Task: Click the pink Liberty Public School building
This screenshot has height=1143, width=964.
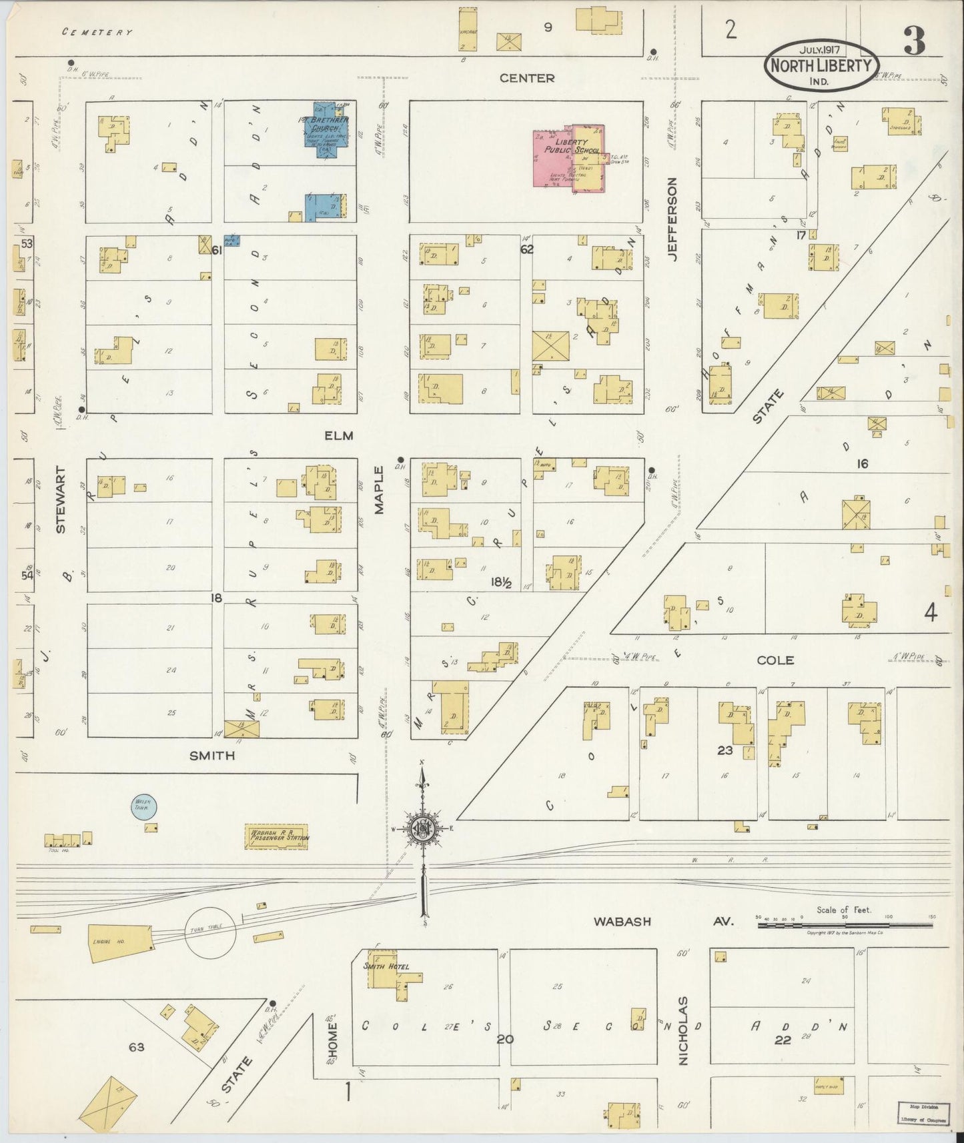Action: coord(568,159)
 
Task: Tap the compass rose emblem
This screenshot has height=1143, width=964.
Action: coord(424,829)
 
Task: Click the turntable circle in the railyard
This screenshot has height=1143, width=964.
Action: coord(209,932)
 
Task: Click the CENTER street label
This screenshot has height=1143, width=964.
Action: coord(527,78)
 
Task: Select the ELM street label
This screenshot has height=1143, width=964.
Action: coord(338,435)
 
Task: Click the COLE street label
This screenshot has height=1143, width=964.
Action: coord(775,660)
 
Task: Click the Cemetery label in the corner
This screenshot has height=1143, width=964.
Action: coord(97,31)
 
